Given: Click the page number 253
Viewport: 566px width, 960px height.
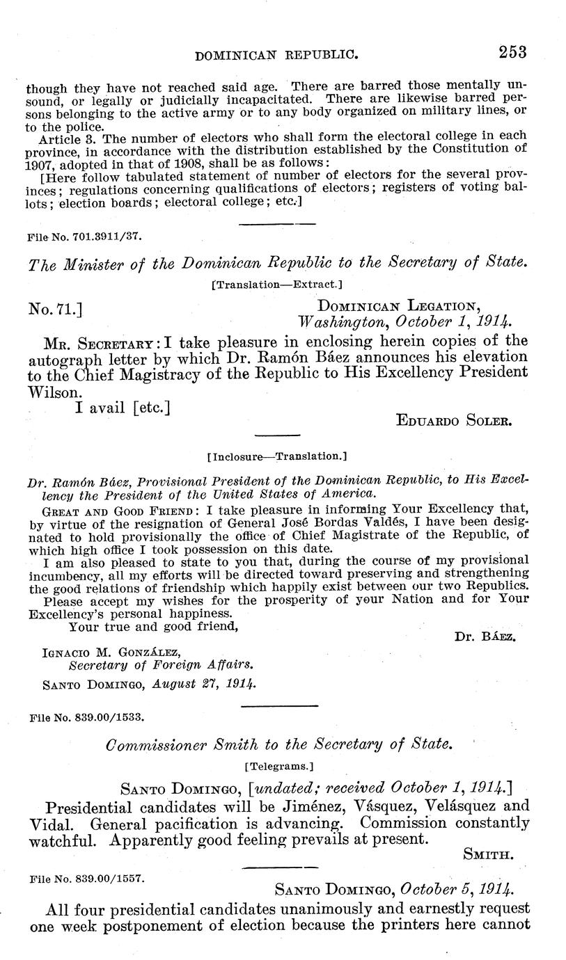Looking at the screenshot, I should click(x=512, y=51).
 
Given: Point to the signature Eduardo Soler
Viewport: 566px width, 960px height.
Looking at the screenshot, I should click(x=453, y=419).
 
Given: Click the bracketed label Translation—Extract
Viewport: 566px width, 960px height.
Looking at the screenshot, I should click(x=276, y=284).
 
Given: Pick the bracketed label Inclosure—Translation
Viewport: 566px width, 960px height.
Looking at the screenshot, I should click(x=277, y=457).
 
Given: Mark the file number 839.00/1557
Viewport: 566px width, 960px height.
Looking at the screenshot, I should click(x=86, y=879).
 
